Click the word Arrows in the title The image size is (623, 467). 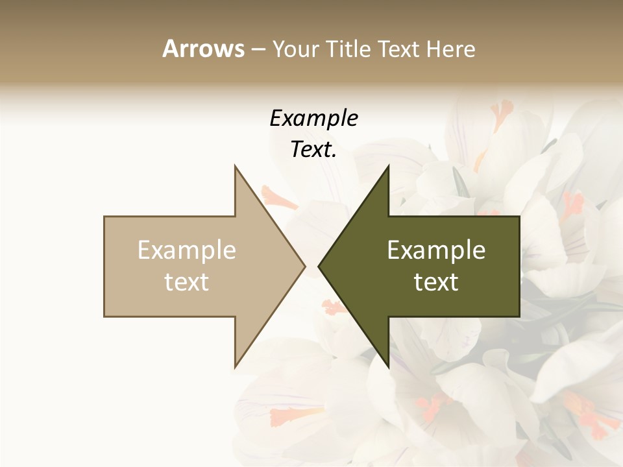coord(203,49)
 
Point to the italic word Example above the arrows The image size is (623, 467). coord(313,119)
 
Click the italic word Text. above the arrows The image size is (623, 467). coord(313,150)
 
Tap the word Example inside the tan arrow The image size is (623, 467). coord(187,250)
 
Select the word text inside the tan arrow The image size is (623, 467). coord(187,282)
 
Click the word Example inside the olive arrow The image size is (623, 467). coord(436,250)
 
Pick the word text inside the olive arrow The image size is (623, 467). coord(436,282)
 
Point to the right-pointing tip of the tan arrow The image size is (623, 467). coord(305,266)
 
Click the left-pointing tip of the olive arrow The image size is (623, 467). coord(319,266)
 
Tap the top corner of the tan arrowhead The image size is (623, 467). coord(235,165)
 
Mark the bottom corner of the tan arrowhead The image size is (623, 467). coord(235,367)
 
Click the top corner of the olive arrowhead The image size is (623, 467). coord(388,165)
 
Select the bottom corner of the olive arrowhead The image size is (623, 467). coord(388,367)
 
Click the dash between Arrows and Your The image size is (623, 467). coord(258,50)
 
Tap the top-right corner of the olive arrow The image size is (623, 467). coord(519,217)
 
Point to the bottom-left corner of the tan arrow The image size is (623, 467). coord(104,317)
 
